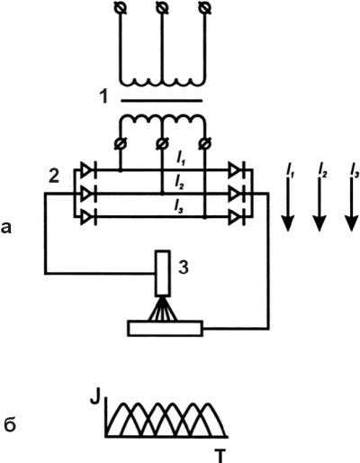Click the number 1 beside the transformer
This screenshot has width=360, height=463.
(x=103, y=96)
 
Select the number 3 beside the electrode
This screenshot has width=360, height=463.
(x=184, y=267)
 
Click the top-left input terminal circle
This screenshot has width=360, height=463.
(x=121, y=8)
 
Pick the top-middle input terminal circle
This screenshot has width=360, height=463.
(x=162, y=8)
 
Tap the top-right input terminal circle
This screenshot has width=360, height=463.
(x=204, y=8)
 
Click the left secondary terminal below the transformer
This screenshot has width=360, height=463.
(x=121, y=143)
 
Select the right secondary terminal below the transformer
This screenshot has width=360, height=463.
(x=205, y=143)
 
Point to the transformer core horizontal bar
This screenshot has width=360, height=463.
(x=162, y=101)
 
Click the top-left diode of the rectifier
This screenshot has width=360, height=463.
(x=88, y=170)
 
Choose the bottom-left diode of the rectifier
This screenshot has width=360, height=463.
(x=88, y=217)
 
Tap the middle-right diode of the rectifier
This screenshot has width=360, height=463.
(x=237, y=195)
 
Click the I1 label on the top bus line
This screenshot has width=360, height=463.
(x=181, y=160)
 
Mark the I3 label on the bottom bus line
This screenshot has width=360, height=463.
(x=179, y=207)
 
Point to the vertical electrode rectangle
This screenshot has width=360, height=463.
(x=163, y=273)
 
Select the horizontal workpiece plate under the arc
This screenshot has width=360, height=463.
(x=165, y=329)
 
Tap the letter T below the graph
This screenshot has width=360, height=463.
(x=220, y=456)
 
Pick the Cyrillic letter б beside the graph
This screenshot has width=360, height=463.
(x=10, y=424)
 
